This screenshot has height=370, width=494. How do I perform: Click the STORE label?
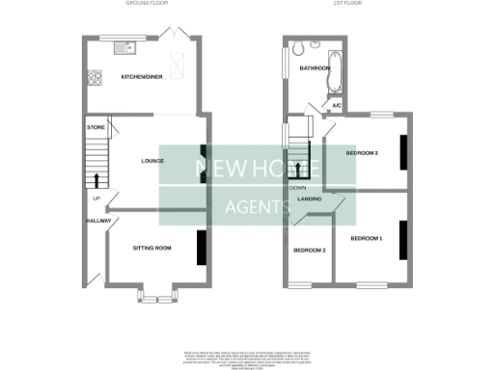[95, 126]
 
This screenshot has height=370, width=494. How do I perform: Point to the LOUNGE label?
[151, 160]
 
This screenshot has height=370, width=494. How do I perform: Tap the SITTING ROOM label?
[151, 248]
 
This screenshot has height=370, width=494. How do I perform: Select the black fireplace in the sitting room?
[202, 247]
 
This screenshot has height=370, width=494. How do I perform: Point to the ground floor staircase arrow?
[96, 178]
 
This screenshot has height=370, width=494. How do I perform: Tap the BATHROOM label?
[315, 69]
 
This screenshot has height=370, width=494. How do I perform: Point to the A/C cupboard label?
[337, 105]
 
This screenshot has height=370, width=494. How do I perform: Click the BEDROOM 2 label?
[363, 153]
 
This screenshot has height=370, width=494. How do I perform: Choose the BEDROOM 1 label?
[366, 238]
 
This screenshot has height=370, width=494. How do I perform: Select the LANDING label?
[310, 198]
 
